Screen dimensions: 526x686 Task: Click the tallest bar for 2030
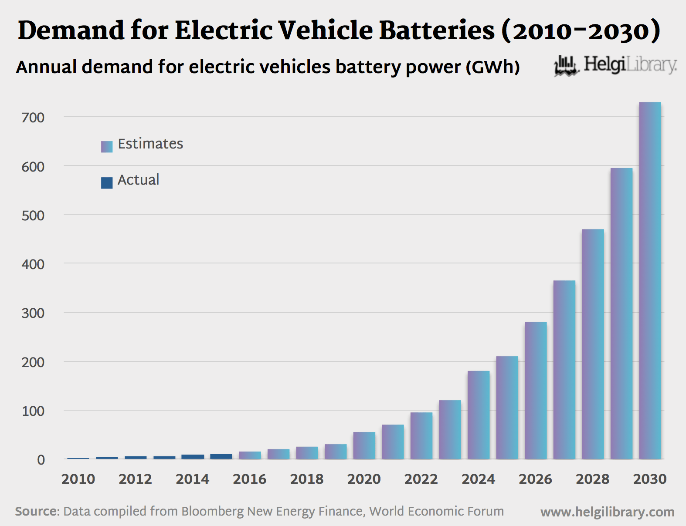(x=650, y=281)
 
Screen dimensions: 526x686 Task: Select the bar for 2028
(x=593, y=344)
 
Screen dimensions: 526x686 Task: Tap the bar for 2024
(x=479, y=415)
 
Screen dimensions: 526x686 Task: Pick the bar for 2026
(x=536, y=391)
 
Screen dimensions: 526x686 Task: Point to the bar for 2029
(x=621, y=314)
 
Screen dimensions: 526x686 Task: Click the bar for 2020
(x=364, y=445)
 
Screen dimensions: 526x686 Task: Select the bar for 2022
(x=421, y=435)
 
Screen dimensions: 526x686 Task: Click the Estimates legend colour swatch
(x=107, y=146)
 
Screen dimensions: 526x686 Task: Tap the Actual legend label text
(x=138, y=180)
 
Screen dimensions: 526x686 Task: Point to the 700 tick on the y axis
(x=33, y=118)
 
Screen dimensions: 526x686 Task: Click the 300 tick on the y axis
(x=33, y=313)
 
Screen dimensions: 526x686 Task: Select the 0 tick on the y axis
(x=41, y=460)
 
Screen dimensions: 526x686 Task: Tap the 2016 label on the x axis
(x=249, y=479)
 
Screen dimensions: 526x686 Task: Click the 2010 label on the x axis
(x=78, y=479)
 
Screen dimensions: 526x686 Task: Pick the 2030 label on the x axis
(x=649, y=479)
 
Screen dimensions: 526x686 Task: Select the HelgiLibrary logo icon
(x=566, y=65)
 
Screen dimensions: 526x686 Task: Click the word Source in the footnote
(x=37, y=511)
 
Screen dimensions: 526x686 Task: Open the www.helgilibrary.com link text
(x=607, y=512)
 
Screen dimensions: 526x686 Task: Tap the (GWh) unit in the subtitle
(x=492, y=67)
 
